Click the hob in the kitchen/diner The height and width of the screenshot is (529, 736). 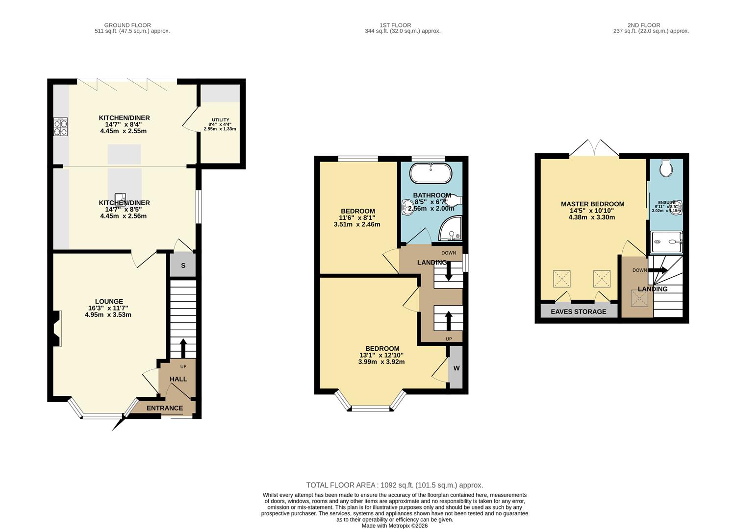[x=60, y=127]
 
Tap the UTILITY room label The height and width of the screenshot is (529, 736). [x=220, y=120]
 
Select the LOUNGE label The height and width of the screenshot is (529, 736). [x=109, y=302]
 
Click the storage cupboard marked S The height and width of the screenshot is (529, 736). [x=183, y=265]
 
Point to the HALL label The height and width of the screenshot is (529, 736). [x=178, y=379]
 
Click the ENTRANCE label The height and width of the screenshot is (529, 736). [x=165, y=408]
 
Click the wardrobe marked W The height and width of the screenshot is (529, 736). [x=456, y=368]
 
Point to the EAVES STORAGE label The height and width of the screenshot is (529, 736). [x=578, y=312]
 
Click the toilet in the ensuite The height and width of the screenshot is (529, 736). [x=666, y=168]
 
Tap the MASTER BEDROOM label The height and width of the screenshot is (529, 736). [x=592, y=204]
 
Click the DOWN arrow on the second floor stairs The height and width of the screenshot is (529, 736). [x=658, y=270]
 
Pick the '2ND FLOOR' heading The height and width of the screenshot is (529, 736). [x=643, y=25]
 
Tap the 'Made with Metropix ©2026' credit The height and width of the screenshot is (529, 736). [x=394, y=526]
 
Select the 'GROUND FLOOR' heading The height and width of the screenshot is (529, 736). [x=127, y=25]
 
